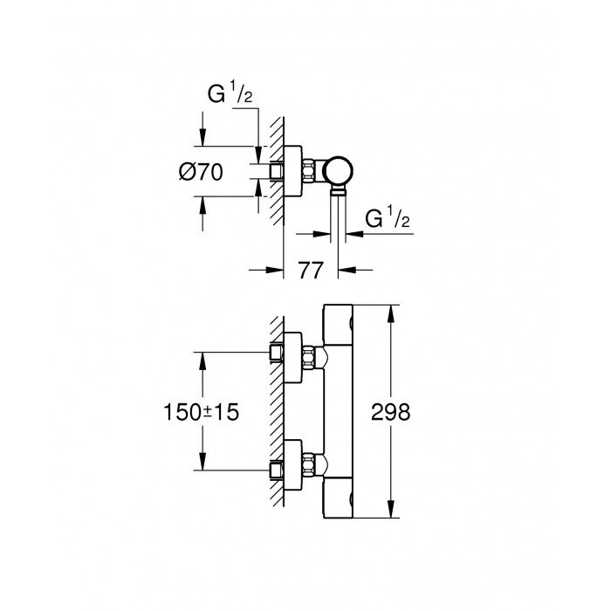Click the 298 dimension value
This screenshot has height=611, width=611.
391,413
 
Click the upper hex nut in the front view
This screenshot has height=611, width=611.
308,355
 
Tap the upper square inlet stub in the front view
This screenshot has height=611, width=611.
278,354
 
